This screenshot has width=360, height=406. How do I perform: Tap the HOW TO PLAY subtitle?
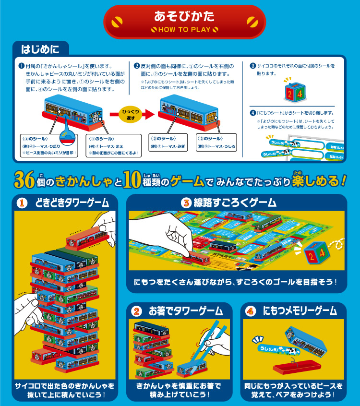[x=184, y=29]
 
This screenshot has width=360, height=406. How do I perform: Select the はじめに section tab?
[x=40, y=48]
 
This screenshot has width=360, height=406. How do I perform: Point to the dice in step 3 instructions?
[x=294, y=92]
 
